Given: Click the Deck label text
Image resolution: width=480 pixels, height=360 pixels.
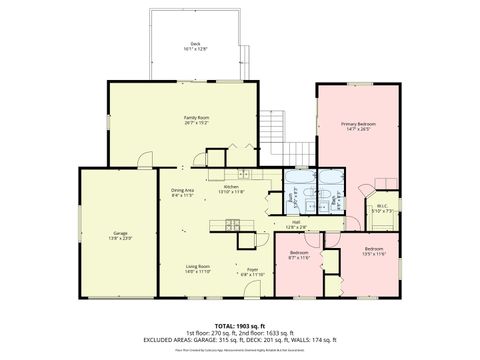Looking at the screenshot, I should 195,45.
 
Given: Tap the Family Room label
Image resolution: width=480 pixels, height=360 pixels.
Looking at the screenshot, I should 196,119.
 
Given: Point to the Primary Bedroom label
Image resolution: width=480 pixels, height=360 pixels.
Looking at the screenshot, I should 357,126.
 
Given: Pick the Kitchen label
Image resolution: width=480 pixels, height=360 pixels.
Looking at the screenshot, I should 230,189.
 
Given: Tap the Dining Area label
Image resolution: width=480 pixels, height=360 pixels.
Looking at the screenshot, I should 182,193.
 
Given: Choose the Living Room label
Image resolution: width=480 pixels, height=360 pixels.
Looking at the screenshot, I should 197,268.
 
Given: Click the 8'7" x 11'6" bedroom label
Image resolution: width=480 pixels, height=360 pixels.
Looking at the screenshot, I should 299,255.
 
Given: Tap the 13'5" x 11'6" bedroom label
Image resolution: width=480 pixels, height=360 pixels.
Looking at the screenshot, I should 373,249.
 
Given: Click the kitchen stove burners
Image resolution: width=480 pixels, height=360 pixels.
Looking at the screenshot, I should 244,241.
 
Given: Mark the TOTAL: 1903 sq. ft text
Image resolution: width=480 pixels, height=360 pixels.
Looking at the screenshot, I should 240,326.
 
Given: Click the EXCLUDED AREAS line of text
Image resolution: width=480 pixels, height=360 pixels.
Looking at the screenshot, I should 240,340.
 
